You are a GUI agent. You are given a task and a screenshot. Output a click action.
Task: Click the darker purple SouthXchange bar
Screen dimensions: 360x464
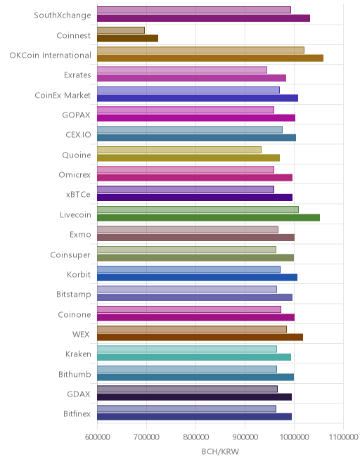[x=203, y=18]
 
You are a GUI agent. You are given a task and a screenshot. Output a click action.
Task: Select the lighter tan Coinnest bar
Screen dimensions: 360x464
[x=121, y=30]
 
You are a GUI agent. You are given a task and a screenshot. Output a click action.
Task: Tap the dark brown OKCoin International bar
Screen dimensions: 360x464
[x=210, y=58]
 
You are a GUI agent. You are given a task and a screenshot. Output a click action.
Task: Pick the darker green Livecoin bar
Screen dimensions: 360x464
[x=208, y=217]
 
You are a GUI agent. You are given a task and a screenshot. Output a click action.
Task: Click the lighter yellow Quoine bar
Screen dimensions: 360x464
[x=179, y=150]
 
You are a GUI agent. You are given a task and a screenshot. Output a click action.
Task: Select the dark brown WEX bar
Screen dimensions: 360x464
[x=200, y=337]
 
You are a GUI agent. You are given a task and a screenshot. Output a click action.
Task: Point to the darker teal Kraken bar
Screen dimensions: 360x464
[x=194, y=357]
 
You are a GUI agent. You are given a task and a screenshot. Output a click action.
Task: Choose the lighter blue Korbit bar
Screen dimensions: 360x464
[x=188, y=269]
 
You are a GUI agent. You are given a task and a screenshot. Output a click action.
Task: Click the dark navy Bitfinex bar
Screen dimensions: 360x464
[x=194, y=417]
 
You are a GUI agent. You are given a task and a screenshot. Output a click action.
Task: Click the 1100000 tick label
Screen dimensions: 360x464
[x=343, y=437]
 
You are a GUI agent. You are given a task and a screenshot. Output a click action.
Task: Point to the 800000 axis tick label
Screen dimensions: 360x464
[x=195, y=437]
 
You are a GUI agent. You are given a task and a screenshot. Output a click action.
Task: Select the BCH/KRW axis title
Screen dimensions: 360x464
[x=220, y=451]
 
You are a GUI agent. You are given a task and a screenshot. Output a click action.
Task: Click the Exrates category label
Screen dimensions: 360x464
[x=77, y=75]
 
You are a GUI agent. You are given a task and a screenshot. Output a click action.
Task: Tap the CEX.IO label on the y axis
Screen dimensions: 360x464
[x=78, y=135]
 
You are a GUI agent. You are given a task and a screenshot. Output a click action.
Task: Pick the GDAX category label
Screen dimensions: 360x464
[x=79, y=394]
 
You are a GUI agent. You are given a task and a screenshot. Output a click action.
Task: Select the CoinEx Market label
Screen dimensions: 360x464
[x=63, y=95]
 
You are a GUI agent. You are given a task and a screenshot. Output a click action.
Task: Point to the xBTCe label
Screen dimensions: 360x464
[x=78, y=195]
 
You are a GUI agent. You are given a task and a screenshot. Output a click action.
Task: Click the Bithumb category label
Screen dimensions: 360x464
[x=75, y=374]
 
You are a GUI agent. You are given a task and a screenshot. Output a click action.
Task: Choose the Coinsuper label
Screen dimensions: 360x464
[x=70, y=254]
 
